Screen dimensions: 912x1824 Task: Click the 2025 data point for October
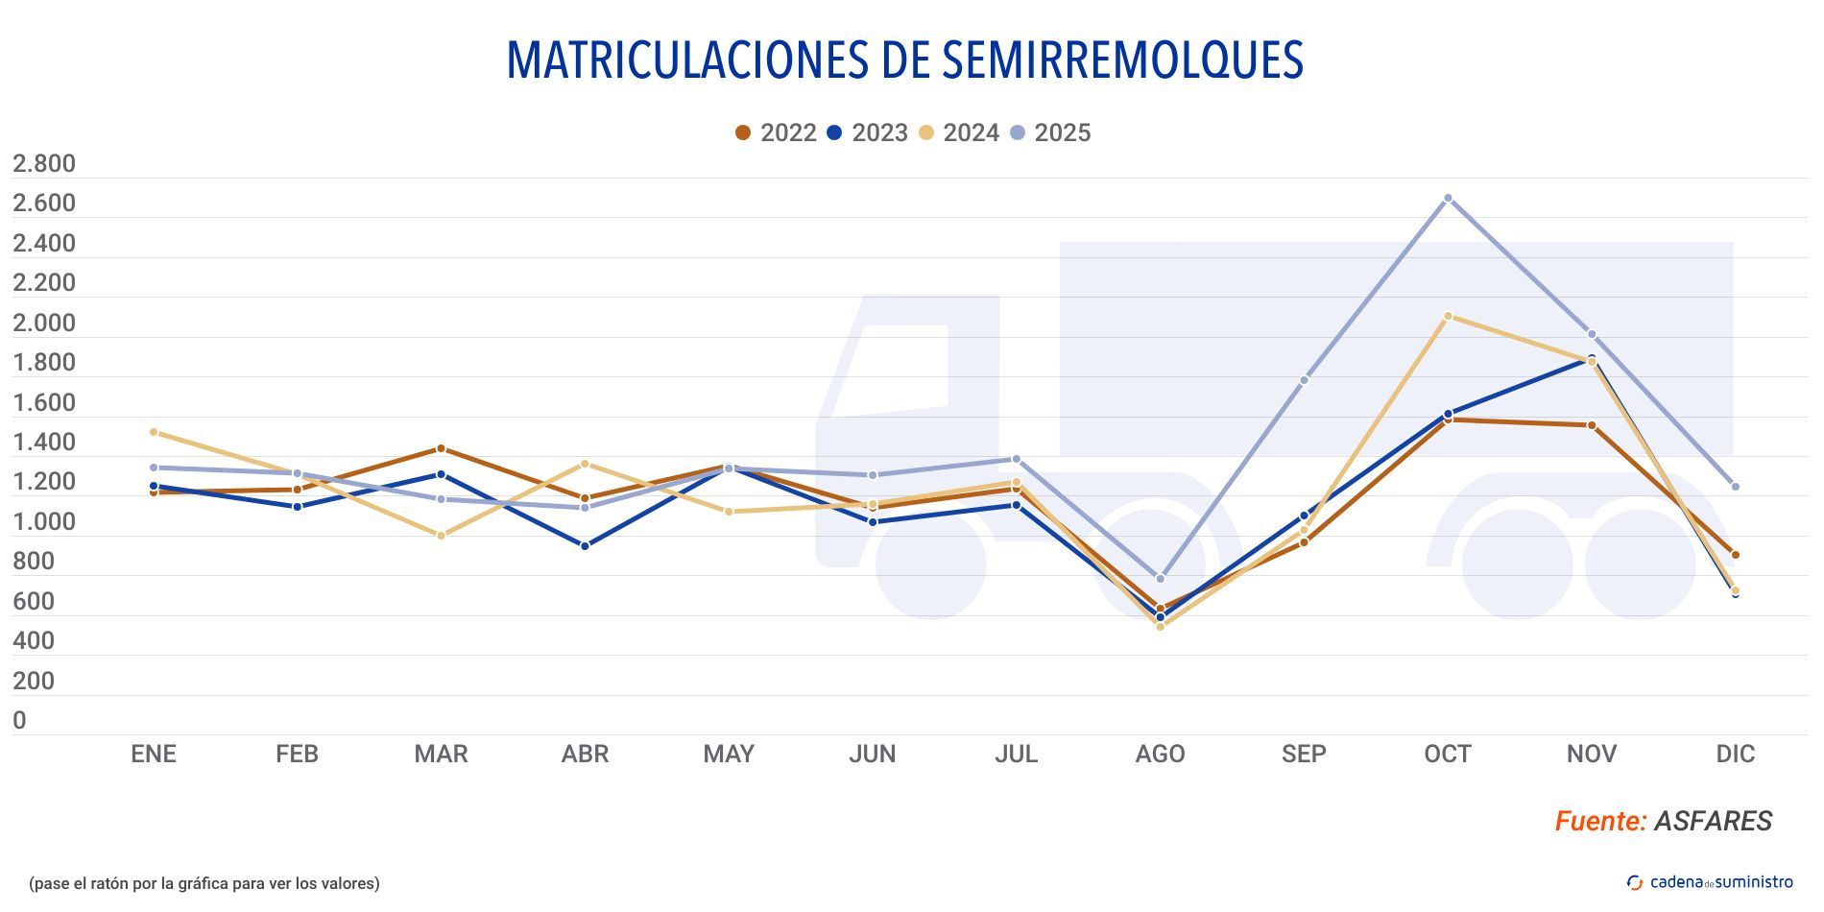(1448, 198)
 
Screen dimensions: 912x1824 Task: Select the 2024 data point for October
(1448, 316)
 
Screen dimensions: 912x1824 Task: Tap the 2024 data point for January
(154, 432)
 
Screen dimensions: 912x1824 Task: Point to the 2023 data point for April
(585, 545)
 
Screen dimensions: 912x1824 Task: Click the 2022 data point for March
(441, 448)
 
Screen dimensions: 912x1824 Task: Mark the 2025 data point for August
(1160, 579)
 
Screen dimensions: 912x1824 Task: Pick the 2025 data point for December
(1735, 487)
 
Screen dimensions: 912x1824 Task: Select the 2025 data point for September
(1304, 380)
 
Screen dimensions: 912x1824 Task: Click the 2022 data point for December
(1735, 555)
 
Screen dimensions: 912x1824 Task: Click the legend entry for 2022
(776, 132)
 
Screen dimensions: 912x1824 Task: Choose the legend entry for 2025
(1050, 132)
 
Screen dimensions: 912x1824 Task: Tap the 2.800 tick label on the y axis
(43, 163)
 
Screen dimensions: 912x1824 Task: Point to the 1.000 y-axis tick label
(43, 522)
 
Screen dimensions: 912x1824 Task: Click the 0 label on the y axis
(19, 721)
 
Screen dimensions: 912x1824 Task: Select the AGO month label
(1160, 754)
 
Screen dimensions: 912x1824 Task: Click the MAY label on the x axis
(729, 754)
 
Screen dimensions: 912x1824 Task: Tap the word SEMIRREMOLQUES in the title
(1121, 60)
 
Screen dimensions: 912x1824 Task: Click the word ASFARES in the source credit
(1713, 821)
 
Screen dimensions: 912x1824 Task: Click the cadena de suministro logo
(1709, 882)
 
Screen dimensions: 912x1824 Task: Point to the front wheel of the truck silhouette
(930, 564)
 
